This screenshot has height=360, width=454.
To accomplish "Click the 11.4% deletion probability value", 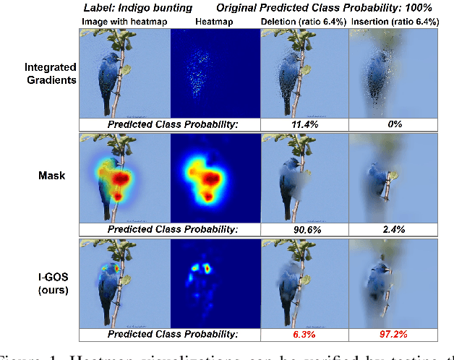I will coord(304,125).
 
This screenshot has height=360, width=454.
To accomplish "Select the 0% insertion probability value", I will coord(393,125).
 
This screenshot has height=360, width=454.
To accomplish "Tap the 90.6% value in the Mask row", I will coord(304,230).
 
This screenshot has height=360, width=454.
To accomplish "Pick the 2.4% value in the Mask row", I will coord(393,230).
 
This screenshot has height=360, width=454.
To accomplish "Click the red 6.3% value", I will coord(304,335).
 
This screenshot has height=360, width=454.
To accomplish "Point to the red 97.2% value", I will coord(393,335).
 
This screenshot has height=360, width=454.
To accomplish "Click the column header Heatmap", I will coord(213,22).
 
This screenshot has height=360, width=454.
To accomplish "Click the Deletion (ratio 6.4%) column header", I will coord(304,22).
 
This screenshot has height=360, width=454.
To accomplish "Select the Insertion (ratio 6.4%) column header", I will coord(394,22).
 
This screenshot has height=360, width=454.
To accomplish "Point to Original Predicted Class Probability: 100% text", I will coord(325,8).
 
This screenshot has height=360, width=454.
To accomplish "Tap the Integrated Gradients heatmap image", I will coord(213,72).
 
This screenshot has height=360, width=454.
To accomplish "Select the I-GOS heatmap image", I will coord(213,282).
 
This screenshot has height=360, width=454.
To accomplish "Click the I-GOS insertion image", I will coord(393,282).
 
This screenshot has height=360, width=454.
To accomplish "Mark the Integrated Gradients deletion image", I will coord(304,72).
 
